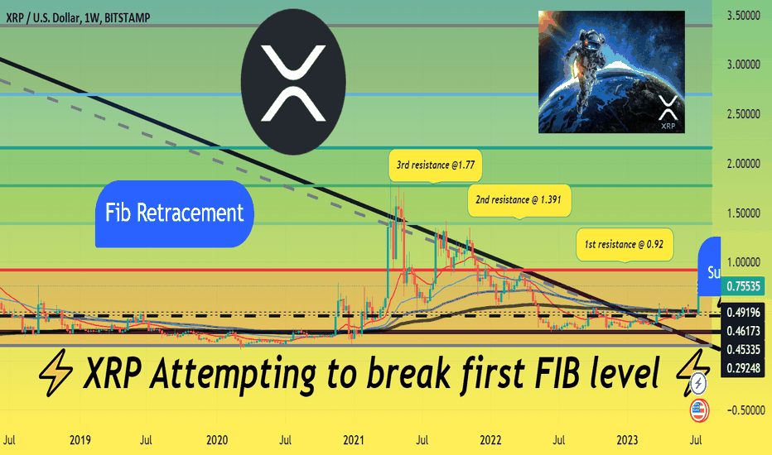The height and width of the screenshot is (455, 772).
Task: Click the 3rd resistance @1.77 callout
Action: click(435, 165)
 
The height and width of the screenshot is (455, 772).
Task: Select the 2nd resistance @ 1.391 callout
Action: click(519, 200)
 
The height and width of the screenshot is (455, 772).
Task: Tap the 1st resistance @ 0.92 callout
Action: click(625, 245)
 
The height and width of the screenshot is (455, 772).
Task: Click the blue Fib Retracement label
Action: click(174, 213)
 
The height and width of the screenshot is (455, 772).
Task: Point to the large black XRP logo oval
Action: click(293, 82)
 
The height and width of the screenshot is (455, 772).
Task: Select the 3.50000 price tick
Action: click(744, 16)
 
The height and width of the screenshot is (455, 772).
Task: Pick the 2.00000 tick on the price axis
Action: click(744, 163)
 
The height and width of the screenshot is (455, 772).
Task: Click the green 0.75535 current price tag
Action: click(743, 286)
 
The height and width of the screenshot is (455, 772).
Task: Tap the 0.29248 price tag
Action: click(743, 368)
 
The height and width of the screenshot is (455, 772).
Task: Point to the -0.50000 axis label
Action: click(744, 410)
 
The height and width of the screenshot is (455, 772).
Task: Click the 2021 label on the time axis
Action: click(354, 440)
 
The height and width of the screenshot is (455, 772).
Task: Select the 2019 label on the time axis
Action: click(80, 440)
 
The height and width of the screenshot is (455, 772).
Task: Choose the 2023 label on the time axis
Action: click(627, 440)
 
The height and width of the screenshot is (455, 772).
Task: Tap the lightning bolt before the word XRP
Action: click(55, 373)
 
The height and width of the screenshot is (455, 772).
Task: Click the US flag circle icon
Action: click(698, 410)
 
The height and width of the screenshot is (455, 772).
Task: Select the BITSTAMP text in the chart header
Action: click(128, 18)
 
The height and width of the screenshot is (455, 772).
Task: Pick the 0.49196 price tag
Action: click(743, 313)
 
